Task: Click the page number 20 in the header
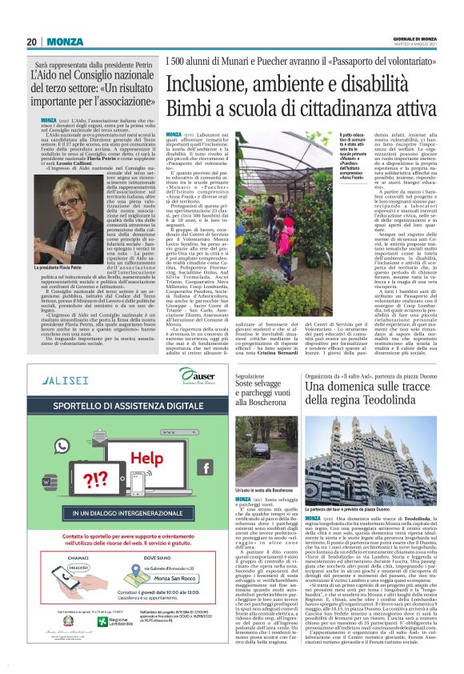pos(31,42)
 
